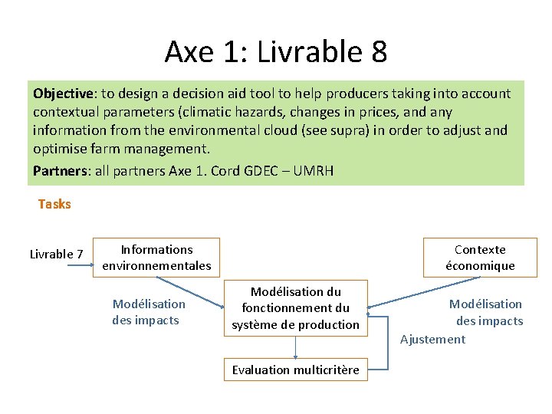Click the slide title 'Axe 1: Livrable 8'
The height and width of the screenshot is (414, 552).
click(276, 52)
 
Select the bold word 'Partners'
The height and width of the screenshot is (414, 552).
click(61, 170)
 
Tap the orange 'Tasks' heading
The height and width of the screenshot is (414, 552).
click(54, 204)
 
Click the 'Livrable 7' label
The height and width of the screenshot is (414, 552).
click(56, 254)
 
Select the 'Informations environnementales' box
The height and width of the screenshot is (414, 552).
click(156, 258)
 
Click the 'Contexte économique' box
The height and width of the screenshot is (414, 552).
click(480, 258)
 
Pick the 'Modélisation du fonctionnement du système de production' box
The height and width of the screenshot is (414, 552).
click(296, 308)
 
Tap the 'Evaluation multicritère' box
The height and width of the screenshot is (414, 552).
click(296, 370)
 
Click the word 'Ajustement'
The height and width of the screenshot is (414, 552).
click(432, 340)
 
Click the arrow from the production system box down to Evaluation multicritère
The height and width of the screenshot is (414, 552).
click(296, 347)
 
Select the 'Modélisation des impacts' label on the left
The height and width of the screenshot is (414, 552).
click(149, 312)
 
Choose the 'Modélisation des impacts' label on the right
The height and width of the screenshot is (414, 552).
click(488, 312)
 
